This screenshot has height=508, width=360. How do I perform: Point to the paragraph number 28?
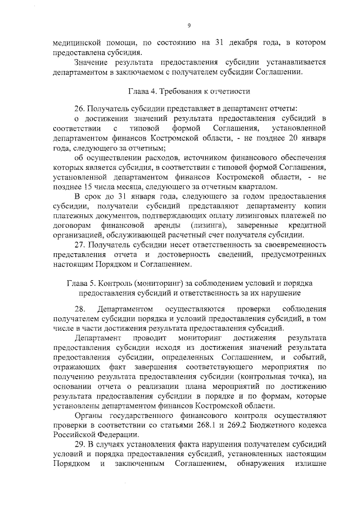point(80,309)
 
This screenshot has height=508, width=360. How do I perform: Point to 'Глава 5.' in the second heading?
point(80,282)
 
